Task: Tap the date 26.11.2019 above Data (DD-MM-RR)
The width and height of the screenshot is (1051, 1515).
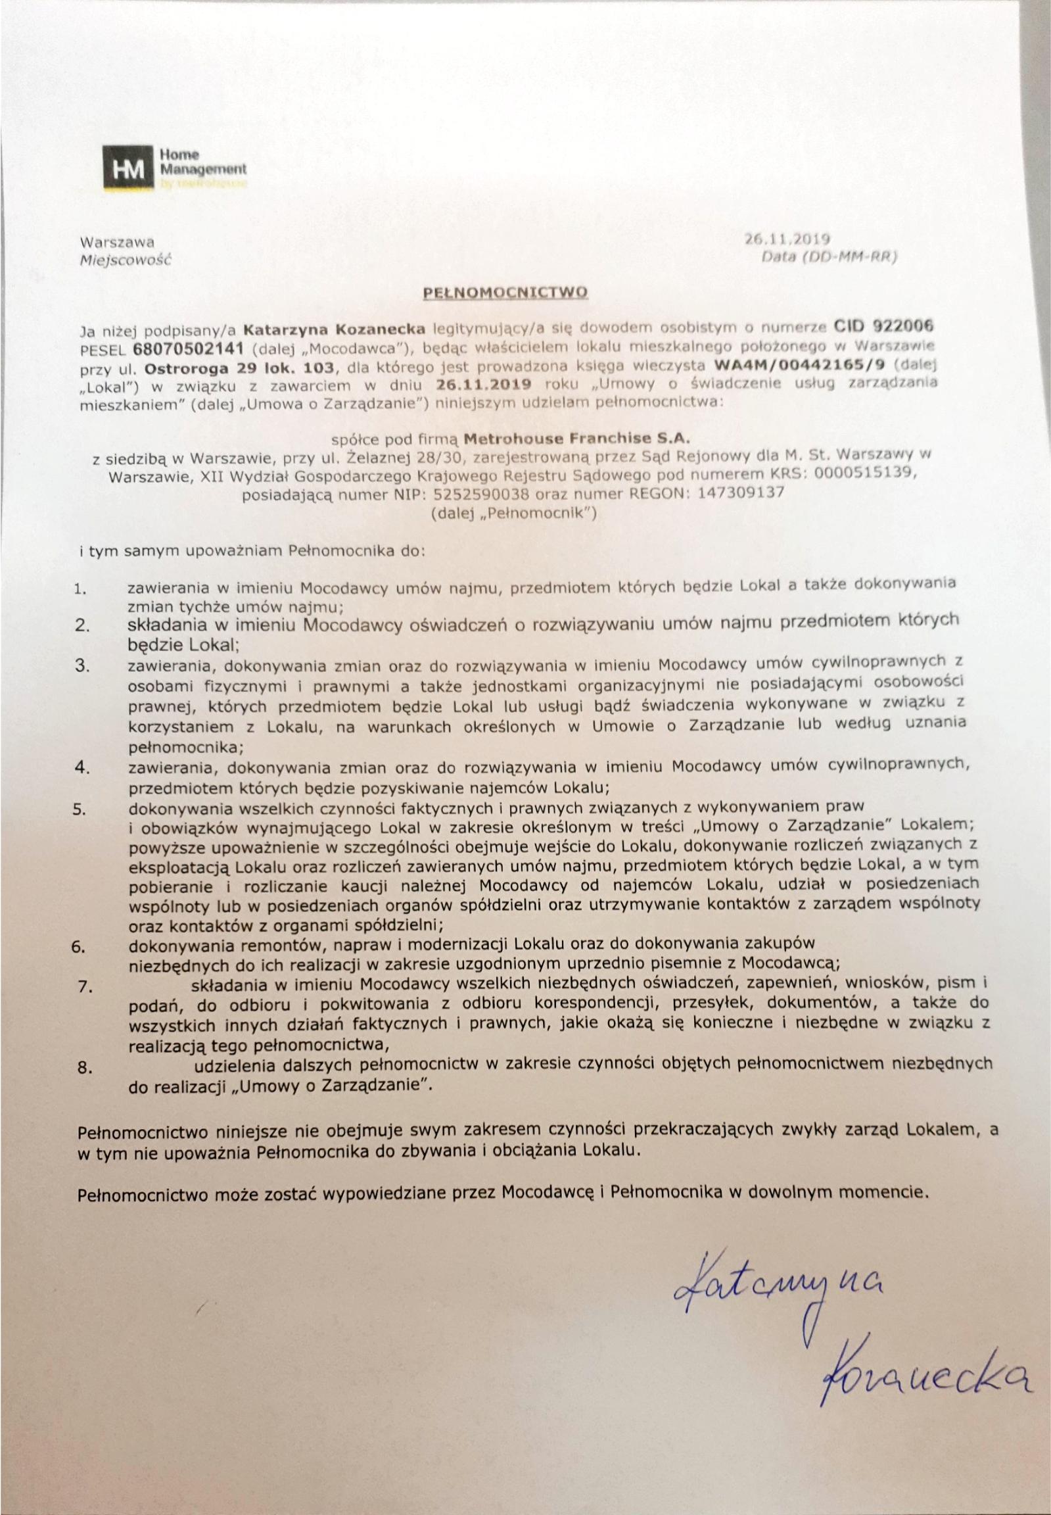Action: pos(786,239)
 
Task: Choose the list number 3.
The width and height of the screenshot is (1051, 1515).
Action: pos(82,665)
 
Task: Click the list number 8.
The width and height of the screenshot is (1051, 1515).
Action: pos(83,1069)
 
